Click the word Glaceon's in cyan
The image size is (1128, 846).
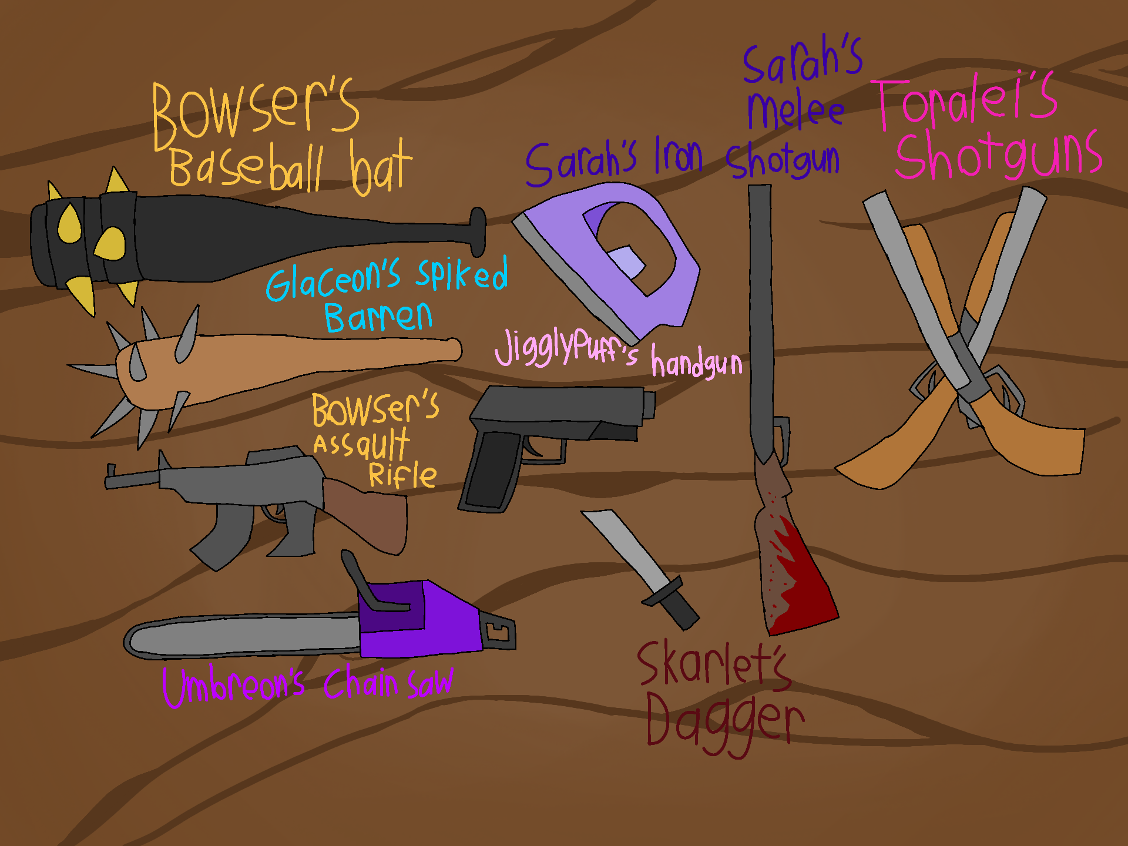tap(333, 280)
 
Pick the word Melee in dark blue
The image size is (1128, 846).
tap(795, 110)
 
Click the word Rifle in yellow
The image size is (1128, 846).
tap(402, 475)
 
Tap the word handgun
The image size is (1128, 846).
tap(697, 362)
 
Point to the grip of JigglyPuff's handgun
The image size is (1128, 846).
tap(491, 470)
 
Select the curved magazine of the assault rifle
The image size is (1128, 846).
tap(223, 535)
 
